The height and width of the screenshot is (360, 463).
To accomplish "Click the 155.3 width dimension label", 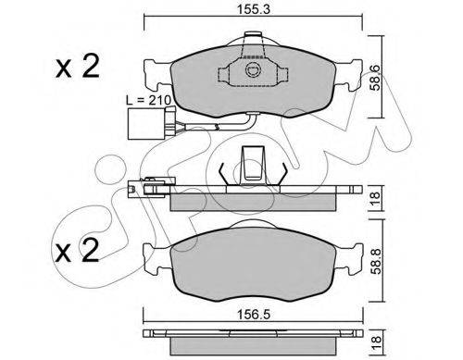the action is (x=254, y=9).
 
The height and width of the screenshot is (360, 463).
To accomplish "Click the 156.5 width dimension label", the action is (x=254, y=315).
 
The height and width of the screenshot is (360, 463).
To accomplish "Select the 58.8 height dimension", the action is (x=376, y=261).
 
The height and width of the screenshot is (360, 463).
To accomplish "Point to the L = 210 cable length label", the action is (x=149, y=100).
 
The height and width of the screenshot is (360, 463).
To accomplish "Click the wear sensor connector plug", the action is (x=145, y=123).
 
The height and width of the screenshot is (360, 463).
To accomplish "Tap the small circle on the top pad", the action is (x=253, y=69).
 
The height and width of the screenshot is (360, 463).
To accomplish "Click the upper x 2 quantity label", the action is (x=78, y=66).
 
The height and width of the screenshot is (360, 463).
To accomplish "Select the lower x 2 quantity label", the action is (x=77, y=251).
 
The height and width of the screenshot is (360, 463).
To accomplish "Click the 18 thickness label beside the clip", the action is (x=376, y=199).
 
